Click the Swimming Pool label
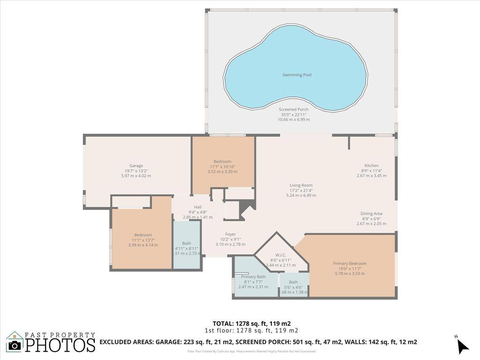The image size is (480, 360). [x=297, y=75]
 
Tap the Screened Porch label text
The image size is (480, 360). [x=293, y=109]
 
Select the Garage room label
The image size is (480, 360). [x=136, y=165]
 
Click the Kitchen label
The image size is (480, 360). [x=371, y=165]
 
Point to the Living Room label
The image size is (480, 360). [x=300, y=185]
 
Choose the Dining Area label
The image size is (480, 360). [x=371, y=214]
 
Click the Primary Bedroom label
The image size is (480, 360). [x=350, y=263]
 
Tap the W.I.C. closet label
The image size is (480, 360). [x=281, y=255]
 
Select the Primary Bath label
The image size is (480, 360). [x=253, y=277]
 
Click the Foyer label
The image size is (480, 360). [x=230, y=234]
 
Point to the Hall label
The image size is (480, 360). [x=197, y=207]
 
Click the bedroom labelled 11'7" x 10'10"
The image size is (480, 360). [x=222, y=162]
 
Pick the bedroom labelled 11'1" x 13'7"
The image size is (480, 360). [x=143, y=235]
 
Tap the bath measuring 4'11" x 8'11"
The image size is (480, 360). [x=187, y=243]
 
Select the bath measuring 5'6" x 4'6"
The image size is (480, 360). [x=293, y=282]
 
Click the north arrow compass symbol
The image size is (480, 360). [x=462, y=346]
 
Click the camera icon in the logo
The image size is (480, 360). [x=15, y=345]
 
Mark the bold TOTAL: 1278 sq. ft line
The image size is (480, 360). [x=252, y=323]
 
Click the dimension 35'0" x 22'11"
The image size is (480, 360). [x=293, y=114]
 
